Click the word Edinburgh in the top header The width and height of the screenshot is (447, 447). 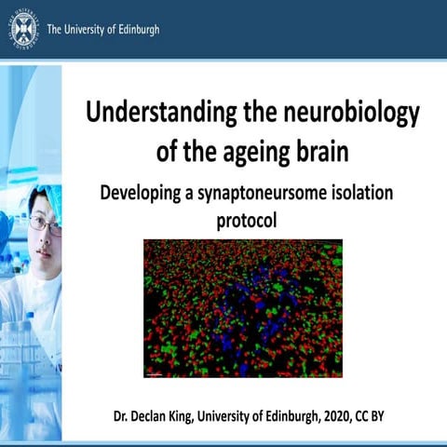pos(133,29)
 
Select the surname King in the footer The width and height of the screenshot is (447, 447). pos(196,412)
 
